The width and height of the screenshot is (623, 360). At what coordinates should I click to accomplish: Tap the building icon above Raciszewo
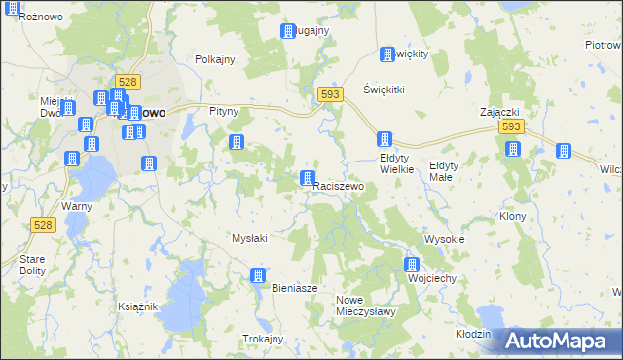pos(308,178)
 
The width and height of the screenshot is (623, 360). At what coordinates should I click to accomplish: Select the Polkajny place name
pos(215,59)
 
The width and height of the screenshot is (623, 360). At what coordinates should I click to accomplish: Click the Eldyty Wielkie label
pos(397,162)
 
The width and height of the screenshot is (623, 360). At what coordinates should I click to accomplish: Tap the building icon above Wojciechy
pos(412,264)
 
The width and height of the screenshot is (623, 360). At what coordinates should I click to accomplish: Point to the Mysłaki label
pos(249,238)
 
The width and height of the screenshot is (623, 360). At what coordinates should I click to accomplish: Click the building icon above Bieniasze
pos(258,275)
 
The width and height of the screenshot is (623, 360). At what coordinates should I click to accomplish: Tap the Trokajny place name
pos(263,339)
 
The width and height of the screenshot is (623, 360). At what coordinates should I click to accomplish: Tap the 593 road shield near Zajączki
pos(512,127)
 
